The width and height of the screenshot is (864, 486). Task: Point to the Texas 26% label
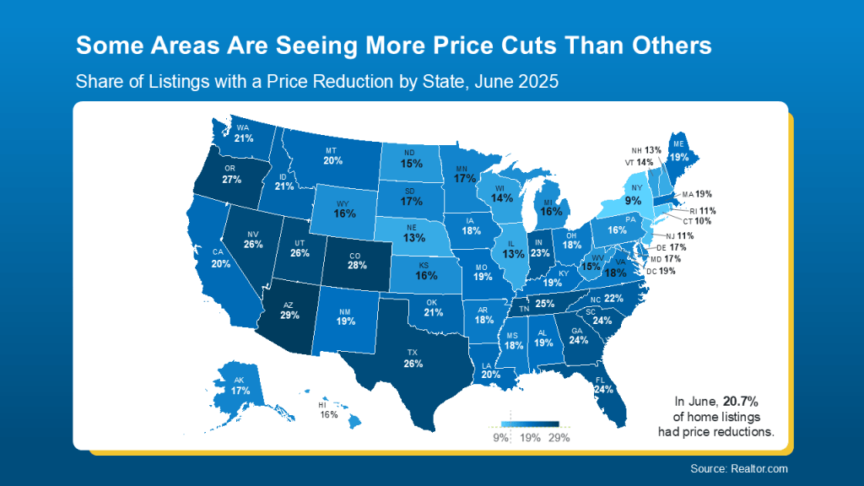pos(413,363)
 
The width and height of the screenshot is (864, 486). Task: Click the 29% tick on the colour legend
pos(559,438)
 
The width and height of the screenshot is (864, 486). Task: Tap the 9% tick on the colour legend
pos(501,438)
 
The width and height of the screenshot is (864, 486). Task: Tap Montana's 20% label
pos(332,160)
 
